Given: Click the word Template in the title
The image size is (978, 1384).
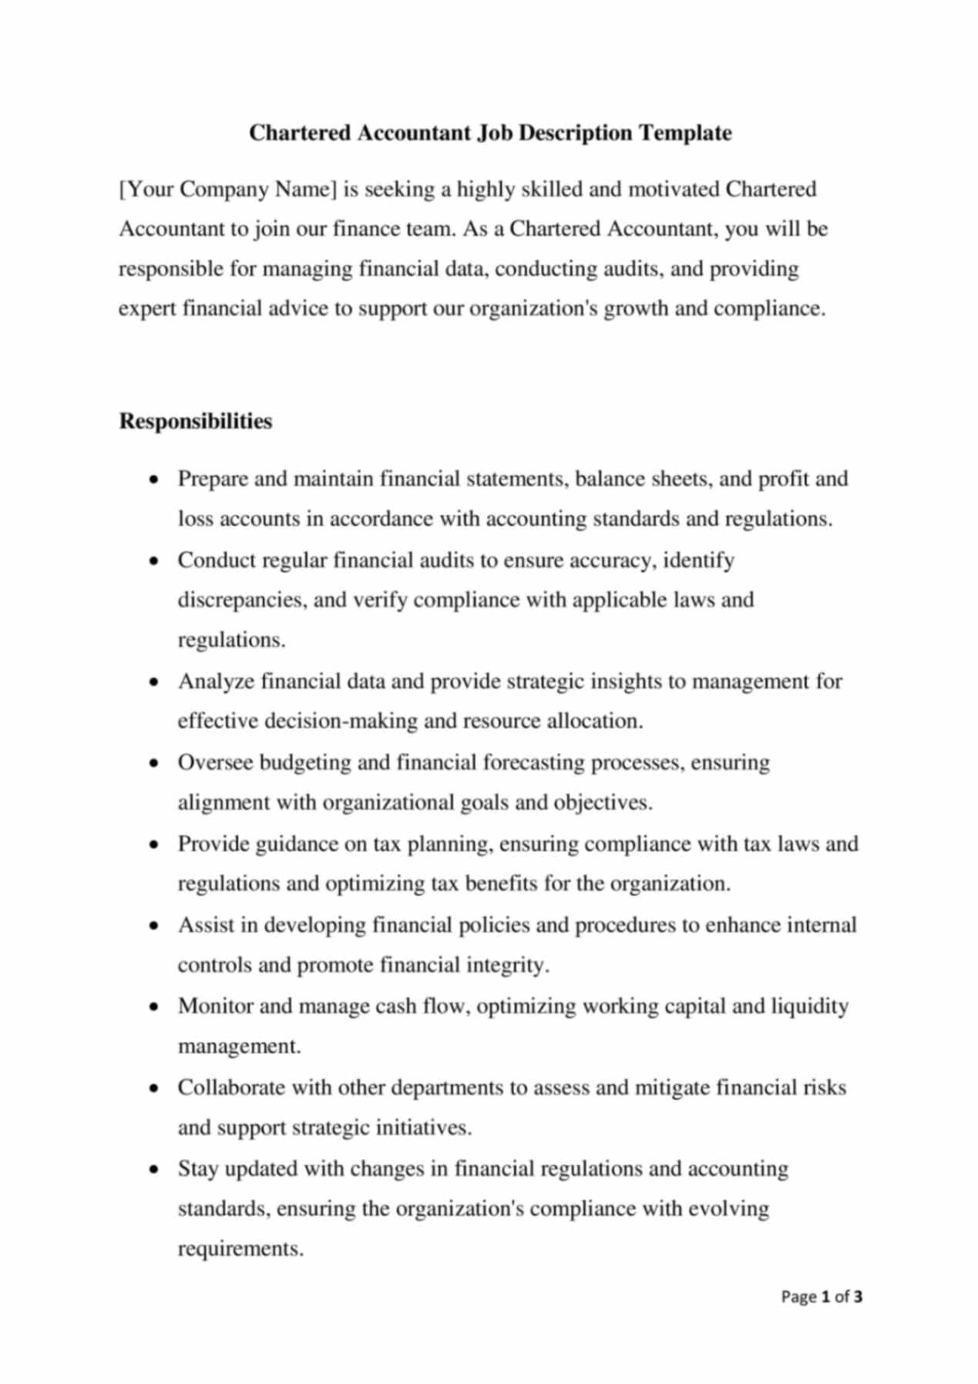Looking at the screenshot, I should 686,133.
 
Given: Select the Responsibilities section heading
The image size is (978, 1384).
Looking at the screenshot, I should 195,422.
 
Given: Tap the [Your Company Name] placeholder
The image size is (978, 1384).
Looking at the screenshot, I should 227,190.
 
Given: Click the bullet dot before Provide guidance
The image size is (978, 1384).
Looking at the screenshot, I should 156,845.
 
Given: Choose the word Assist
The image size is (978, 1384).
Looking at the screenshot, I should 206,925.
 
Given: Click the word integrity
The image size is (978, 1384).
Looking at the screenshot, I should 508,965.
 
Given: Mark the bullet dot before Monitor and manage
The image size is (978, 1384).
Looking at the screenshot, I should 156,1006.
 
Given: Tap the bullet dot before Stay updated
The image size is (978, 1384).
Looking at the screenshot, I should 156,1169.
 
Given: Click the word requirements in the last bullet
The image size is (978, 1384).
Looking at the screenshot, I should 240,1248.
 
